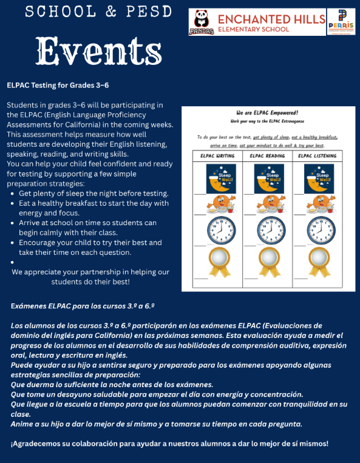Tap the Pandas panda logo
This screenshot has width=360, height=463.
201,22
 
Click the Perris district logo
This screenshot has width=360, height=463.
341,21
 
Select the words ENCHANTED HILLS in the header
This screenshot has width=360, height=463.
271,19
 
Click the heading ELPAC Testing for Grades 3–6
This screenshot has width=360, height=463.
58,86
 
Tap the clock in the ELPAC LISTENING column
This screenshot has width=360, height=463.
321,230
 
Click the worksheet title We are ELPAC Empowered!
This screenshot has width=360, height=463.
267,113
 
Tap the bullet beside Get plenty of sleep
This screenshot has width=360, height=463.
13,194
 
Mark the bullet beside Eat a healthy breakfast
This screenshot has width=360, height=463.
13,203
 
